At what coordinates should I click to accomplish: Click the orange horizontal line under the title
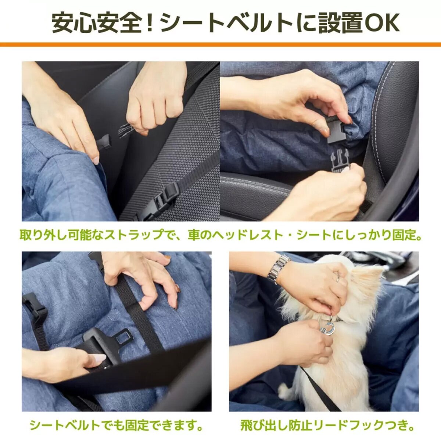coord(220,44)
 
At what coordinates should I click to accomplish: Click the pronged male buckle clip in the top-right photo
coord(340,159)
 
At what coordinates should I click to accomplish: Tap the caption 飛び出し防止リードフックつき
coord(327,426)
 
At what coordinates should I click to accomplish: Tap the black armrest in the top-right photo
coord(254,195)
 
